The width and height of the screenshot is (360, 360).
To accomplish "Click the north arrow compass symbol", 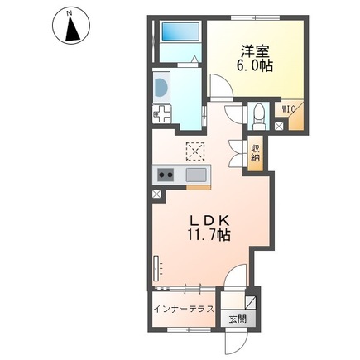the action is [x=71, y=25].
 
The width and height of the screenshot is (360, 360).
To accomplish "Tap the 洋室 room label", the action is [x=255, y=51].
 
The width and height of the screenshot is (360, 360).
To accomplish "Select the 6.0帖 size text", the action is [x=255, y=66].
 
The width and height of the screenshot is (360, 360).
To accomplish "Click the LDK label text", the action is [x=209, y=221].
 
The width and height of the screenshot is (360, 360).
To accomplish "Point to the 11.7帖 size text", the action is [x=209, y=235].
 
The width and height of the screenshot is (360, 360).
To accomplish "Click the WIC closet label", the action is [x=289, y=108].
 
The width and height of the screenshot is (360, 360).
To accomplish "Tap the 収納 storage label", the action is [x=255, y=153].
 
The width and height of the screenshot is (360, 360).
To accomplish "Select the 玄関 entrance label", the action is [x=238, y=319].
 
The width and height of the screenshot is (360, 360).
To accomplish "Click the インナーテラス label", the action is [x=184, y=309].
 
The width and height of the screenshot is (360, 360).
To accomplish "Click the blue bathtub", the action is [x=180, y=31].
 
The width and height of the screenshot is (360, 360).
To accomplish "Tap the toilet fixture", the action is [x=258, y=117].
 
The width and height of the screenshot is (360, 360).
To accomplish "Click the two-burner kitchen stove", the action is [x=166, y=175].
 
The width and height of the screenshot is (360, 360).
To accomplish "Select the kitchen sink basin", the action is [x=196, y=175].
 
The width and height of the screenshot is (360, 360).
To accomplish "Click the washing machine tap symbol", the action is [x=161, y=114].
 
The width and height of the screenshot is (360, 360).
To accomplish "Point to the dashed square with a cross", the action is [x=195, y=151].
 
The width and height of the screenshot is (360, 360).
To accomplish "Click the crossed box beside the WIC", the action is [x=279, y=127].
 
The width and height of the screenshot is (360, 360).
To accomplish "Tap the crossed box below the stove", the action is [x=156, y=194].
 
